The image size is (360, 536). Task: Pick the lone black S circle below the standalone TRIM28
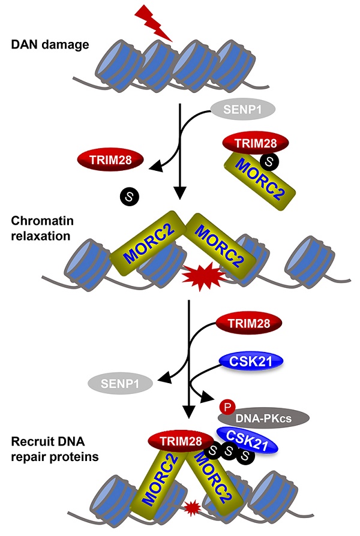click(128, 195)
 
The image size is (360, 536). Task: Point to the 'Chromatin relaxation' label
click(42, 228)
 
